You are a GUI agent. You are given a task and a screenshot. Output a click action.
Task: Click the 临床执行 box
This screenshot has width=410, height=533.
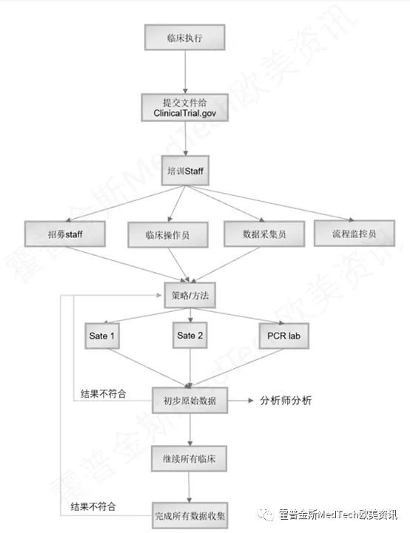(185, 38)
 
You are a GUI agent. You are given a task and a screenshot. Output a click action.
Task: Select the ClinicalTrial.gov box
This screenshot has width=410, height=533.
(185, 107)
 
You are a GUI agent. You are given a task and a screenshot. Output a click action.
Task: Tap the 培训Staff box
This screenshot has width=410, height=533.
(185, 171)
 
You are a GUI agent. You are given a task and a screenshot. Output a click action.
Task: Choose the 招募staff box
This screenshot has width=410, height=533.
(65, 234)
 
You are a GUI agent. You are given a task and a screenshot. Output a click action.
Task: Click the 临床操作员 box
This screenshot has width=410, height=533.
(168, 234)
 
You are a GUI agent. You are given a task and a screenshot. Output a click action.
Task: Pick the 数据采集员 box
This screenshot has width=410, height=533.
(264, 234)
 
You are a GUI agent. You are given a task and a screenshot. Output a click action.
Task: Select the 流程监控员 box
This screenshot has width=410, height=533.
(354, 233)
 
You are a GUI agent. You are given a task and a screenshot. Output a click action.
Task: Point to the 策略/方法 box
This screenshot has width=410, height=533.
(190, 295)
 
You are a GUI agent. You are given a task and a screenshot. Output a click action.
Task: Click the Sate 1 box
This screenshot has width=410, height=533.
(102, 336)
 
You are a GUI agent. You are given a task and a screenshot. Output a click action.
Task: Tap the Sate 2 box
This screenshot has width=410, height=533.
(190, 335)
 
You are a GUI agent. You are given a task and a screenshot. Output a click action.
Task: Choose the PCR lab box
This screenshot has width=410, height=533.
(283, 336)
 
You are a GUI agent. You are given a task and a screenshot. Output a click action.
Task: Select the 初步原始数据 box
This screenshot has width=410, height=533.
(190, 401)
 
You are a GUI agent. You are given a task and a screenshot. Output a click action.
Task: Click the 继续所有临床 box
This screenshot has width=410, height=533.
(189, 458)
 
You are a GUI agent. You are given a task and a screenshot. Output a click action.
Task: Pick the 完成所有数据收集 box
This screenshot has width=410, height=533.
(190, 516)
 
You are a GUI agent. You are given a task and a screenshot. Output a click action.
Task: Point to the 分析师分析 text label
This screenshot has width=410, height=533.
(286, 401)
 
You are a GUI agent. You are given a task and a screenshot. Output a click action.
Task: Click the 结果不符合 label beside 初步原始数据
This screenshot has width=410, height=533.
(104, 393)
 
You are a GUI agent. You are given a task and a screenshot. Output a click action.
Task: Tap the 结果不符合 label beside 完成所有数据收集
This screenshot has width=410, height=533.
(93, 506)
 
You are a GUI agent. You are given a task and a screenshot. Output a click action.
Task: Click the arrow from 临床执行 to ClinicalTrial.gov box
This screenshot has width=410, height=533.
(185, 72)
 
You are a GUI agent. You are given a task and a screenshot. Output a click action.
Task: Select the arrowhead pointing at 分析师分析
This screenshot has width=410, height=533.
(251, 401)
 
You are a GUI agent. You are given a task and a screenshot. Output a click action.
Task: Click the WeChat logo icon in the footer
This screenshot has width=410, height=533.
(266, 515)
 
